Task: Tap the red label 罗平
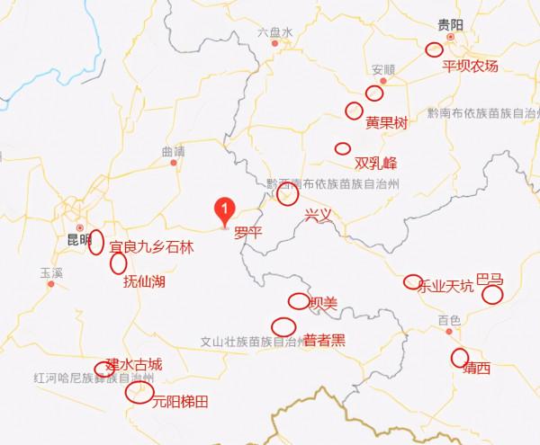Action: point(247,232)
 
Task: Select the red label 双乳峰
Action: point(375,164)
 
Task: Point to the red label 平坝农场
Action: point(470,67)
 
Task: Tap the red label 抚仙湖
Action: point(143,281)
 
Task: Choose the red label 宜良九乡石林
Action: point(151,245)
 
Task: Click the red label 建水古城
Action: point(134,364)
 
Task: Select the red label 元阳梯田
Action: point(180,401)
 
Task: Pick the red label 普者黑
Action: point(324,341)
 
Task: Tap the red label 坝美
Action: point(323,303)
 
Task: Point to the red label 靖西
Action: point(476,369)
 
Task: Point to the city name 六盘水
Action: point(275,31)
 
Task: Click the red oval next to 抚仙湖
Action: point(117,263)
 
